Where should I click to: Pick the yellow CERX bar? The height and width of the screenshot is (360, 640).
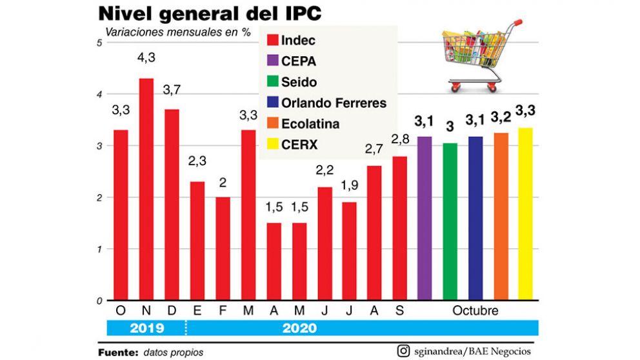click(x=525, y=214)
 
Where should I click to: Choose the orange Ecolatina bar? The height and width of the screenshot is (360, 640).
click(x=501, y=216)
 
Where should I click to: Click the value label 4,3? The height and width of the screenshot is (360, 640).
click(x=146, y=57)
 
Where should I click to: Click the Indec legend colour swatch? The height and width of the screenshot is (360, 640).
click(x=272, y=41)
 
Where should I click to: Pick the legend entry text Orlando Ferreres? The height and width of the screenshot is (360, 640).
click(x=334, y=103)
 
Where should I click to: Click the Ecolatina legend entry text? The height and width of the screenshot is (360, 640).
click(x=310, y=124)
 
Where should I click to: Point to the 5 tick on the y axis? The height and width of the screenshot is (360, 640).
click(x=99, y=43)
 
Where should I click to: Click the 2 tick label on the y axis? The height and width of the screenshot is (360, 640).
click(x=99, y=197)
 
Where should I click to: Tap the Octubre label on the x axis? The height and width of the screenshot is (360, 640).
click(x=475, y=311)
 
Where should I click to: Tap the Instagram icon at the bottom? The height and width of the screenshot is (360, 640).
click(x=404, y=351)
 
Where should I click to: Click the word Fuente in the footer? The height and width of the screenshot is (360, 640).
click(x=117, y=352)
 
